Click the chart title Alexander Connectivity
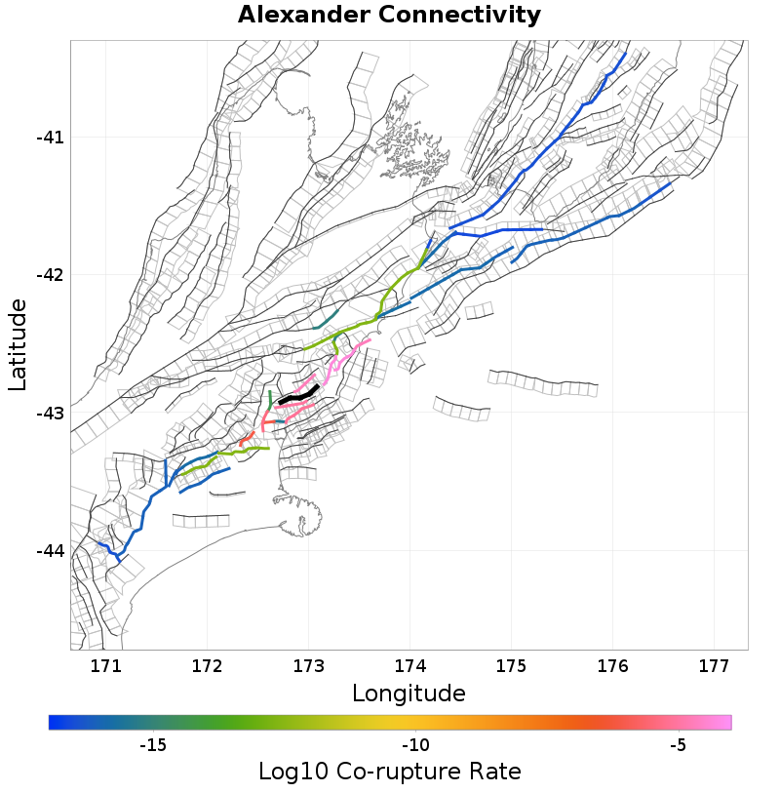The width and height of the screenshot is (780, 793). [389, 16]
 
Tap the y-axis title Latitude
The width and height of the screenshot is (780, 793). [19, 345]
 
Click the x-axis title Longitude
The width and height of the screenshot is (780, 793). [409, 694]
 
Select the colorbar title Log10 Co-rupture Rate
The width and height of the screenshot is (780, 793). [389, 772]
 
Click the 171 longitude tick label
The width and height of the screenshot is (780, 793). [105, 667]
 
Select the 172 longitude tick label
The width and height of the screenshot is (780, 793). [207, 667]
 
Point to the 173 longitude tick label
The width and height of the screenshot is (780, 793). [308, 667]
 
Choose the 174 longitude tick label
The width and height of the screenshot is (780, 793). [409, 667]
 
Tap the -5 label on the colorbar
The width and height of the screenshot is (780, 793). [678, 746]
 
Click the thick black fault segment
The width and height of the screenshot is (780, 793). [298, 395]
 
